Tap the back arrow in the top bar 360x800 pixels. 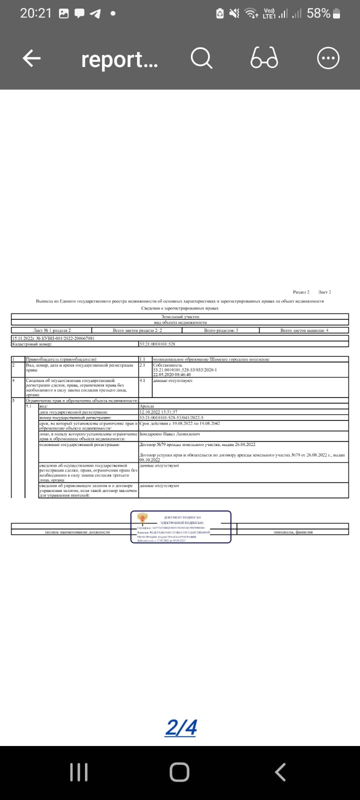pyautogui.click(x=31, y=59)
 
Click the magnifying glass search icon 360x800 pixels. pyautogui.click(x=202, y=59)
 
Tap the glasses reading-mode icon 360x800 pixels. pyautogui.click(x=264, y=59)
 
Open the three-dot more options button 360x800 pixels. pyautogui.click(x=328, y=59)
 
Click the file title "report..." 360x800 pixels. pyautogui.click(x=119, y=59)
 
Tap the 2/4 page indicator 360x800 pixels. pyautogui.click(x=180, y=727)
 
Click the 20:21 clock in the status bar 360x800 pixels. pyautogui.click(x=35, y=13)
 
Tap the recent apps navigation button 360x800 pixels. pyautogui.click(x=79, y=772)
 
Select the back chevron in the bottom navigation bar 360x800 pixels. pyautogui.click(x=280, y=772)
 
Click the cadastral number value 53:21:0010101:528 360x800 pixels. pyautogui.click(x=157, y=344)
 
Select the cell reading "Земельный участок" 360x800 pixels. pyautogui.click(x=180, y=317)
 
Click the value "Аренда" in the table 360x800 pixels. pyautogui.click(x=147, y=406)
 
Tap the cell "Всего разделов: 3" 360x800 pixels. pyautogui.click(x=221, y=330)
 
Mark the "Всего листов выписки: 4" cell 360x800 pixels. pyautogui.click(x=304, y=330)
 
